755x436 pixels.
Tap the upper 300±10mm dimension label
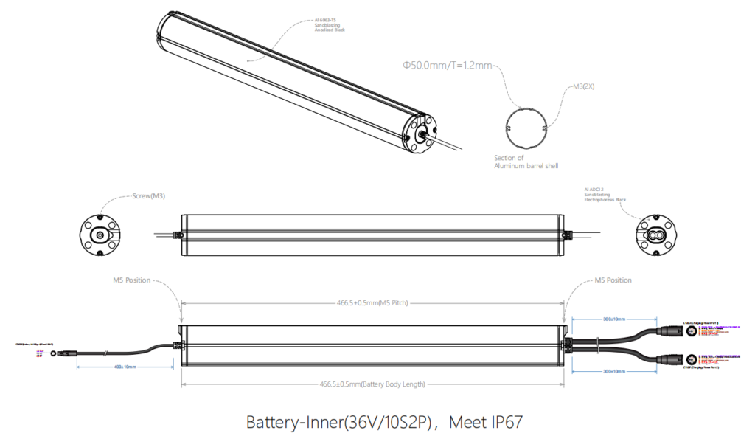[613, 319]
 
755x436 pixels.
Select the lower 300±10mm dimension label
[613, 370]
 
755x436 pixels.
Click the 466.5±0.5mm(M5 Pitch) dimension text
[372, 302]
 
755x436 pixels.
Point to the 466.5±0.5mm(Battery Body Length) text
[372, 384]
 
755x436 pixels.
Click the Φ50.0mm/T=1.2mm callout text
[447, 66]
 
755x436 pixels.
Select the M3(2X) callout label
[584, 86]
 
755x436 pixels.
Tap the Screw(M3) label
[148, 196]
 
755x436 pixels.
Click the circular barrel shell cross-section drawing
[526, 129]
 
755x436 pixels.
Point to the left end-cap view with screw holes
[100, 235]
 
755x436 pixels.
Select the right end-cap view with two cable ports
[657, 235]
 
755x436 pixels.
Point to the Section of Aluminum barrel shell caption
[526, 162]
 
